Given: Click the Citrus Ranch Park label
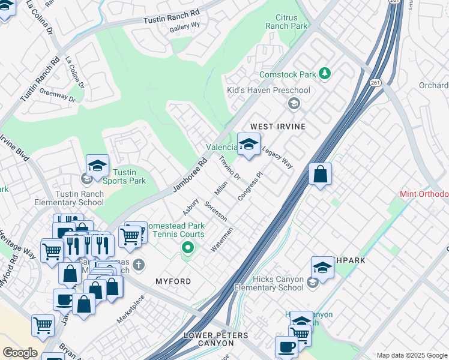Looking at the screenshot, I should (x=291, y=22).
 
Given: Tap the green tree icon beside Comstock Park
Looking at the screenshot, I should (x=325, y=73).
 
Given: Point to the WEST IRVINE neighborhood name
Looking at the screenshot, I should (x=278, y=127).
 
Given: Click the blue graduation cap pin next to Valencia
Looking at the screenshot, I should (x=249, y=144).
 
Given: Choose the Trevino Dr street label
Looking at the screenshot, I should (x=229, y=168).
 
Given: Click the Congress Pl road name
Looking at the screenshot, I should (x=251, y=187).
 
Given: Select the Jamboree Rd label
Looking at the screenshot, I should (x=190, y=175).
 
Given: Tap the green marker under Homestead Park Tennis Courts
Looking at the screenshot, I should (x=188, y=247).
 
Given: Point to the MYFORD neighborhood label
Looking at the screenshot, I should (x=173, y=281).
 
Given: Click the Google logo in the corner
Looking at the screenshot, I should (x=19, y=353).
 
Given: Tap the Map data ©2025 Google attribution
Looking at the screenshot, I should (x=412, y=355).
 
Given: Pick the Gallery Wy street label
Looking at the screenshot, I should (x=184, y=26).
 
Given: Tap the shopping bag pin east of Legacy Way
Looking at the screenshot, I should (x=321, y=175).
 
